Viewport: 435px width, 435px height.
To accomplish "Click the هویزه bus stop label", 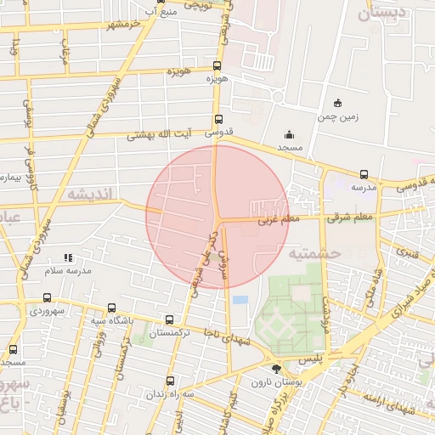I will (x=217, y=78).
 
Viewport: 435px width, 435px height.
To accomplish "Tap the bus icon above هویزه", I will (x=217, y=65).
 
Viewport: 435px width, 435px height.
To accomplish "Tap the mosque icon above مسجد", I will (x=289, y=134).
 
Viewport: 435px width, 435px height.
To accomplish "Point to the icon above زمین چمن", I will (x=337, y=103).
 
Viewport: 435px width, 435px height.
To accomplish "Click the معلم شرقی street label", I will (x=348, y=218).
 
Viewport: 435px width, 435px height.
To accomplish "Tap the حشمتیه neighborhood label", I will (x=314, y=253).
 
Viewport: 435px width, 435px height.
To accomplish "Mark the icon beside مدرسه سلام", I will (x=68, y=257).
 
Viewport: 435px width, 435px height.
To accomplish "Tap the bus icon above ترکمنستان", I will (x=170, y=320).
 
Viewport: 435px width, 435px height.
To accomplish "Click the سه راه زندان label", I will (x=170, y=394).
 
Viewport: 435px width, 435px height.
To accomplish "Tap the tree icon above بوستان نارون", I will (x=275, y=369).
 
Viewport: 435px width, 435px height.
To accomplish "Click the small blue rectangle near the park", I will (x=240, y=300).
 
